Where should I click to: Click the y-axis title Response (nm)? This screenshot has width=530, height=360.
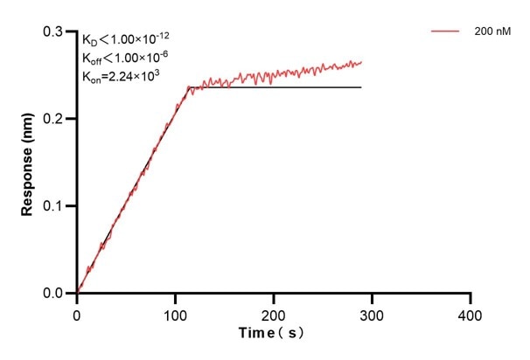29,163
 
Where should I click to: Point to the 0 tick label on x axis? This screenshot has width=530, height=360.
77,311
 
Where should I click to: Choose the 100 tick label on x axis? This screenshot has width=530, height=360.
175,311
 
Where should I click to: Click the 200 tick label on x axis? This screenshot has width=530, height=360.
274,311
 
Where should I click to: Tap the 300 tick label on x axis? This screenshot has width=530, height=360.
373,311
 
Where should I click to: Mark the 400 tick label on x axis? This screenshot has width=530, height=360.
471,311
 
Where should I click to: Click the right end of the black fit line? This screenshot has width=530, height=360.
361,87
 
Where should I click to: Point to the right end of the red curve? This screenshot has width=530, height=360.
361,62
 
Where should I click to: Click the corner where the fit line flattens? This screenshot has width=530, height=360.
189,87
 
